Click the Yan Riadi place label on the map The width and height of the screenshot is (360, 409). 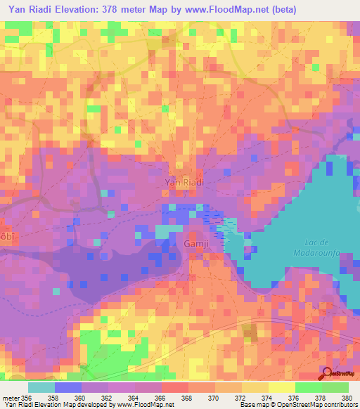184,181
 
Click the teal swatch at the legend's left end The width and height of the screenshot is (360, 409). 41,387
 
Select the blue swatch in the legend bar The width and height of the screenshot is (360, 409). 68,387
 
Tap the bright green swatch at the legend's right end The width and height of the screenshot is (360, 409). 335,387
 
